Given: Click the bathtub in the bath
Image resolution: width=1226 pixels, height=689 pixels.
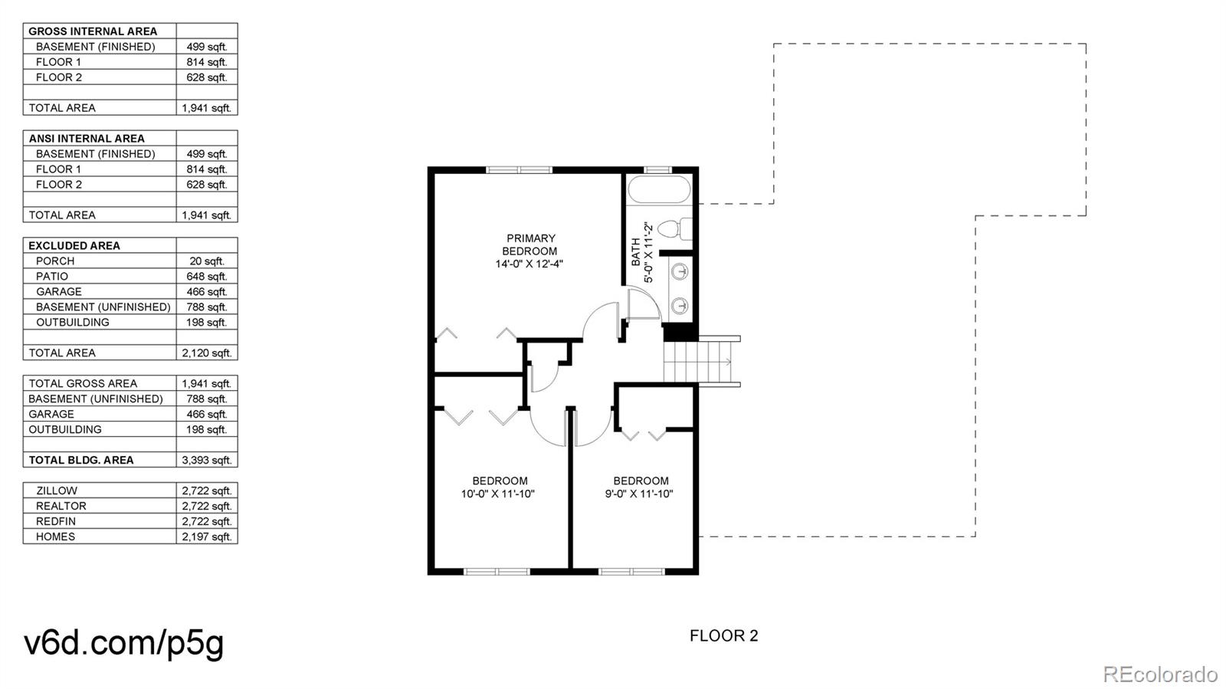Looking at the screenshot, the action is click(x=660, y=190).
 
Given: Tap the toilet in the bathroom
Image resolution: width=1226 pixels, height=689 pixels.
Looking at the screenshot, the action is click(x=674, y=228).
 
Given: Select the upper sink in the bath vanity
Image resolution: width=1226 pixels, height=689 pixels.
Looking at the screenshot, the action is click(x=680, y=271).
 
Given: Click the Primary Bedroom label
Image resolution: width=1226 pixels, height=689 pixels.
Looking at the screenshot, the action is click(x=529, y=244).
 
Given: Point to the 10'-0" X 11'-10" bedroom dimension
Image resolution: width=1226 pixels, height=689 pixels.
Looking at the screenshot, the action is click(x=497, y=494).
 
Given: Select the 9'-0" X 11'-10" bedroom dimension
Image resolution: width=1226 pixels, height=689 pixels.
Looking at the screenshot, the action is click(x=639, y=494).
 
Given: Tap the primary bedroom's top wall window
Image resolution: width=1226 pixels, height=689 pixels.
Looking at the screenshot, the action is click(x=519, y=170).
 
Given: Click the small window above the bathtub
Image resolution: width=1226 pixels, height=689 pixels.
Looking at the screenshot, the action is click(x=657, y=170).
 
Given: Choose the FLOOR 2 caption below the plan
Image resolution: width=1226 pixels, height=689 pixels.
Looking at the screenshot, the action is click(x=723, y=636).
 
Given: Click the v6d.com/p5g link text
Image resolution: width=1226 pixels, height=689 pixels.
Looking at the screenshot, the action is click(x=123, y=644).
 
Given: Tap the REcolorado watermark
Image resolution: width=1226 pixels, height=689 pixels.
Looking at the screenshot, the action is click(x=1160, y=674).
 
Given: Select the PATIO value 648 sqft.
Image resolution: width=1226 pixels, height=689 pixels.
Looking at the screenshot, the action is click(x=206, y=277).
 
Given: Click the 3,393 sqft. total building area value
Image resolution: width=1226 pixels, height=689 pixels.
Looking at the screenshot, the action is click(x=206, y=461).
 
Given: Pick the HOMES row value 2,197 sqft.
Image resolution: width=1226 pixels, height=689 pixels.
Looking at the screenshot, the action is click(x=206, y=536).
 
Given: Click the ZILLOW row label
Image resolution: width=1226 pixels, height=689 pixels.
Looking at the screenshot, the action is click(x=57, y=491).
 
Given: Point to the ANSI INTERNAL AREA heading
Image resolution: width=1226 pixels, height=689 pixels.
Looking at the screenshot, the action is click(x=87, y=139).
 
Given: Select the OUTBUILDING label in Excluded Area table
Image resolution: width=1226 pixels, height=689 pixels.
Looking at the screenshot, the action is click(x=72, y=323).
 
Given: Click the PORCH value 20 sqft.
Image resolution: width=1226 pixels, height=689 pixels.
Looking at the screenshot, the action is click(x=206, y=261).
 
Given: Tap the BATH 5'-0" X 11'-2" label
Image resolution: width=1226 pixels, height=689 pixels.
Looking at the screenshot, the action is click(x=642, y=252).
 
